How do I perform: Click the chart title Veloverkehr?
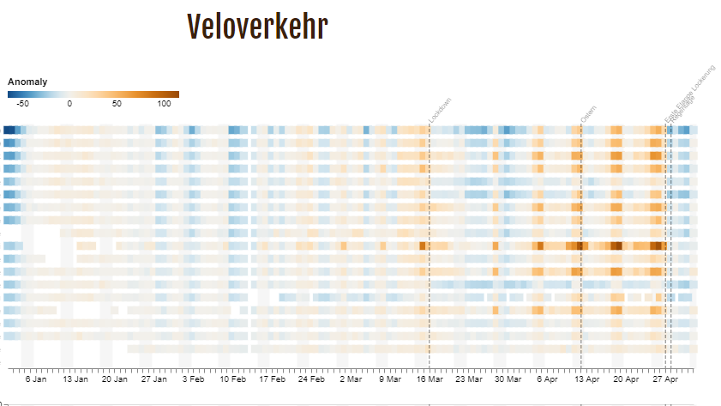coord(257,27)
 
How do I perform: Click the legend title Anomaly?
coord(27,82)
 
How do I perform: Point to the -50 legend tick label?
coord(23,103)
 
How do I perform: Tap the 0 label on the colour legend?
coord(69,103)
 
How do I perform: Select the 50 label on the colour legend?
coord(117,103)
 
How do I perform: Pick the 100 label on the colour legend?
coord(164,103)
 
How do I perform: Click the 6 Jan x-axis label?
coord(35,379)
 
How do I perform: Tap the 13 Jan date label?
coord(75,379)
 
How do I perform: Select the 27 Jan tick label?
coord(153,379)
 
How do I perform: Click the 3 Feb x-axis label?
coord(193,379)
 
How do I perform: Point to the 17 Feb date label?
coord(272,379)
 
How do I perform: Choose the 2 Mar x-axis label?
coord(351,379)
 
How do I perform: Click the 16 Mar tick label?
coord(430,379)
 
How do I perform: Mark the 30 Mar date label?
coord(508,379)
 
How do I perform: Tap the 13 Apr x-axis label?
coord(587,379)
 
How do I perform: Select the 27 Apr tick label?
coord(666,379)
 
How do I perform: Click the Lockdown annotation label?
coord(441,111)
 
